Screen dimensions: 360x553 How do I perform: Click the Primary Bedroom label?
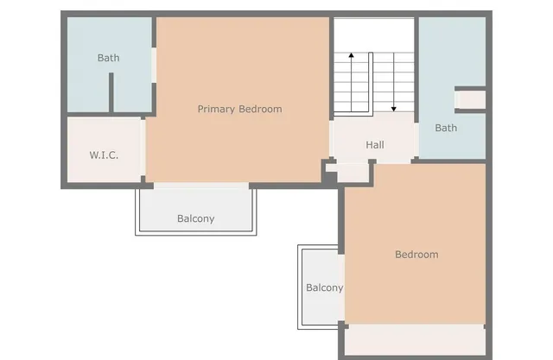[239, 110]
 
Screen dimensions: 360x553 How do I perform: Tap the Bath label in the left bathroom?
[108, 59]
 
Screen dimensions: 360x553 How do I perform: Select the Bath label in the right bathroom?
[446, 129]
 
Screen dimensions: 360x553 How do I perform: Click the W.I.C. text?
[104, 155]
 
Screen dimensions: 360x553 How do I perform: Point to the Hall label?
[374, 145]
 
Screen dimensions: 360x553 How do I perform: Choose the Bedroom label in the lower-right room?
[416, 255]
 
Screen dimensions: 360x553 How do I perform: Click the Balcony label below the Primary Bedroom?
[195, 219]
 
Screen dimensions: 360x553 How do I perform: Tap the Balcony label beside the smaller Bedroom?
[324, 288]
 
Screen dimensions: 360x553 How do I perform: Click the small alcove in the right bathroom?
[470, 98]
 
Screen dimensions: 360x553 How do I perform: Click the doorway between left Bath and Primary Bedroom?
[154, 66]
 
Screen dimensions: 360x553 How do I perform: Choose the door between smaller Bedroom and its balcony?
[342, 287]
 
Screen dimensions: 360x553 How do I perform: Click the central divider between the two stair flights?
[372, 83]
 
